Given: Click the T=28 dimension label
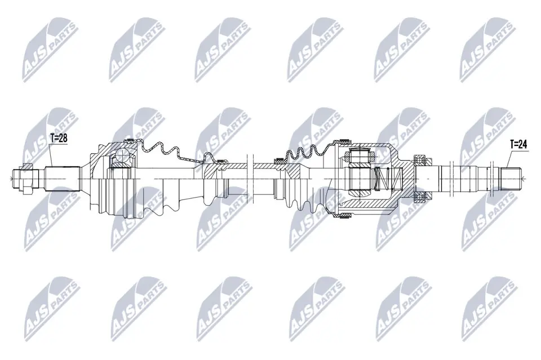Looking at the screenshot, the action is [x=58, y=138].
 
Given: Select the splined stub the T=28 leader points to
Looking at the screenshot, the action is [x=63, y=179].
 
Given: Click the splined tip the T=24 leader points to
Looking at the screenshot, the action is [x=511, y=178].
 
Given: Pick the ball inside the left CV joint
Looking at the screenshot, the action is [x=122, y=154].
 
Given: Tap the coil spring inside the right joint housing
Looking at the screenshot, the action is [x=388, y=179].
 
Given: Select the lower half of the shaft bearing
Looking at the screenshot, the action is [x=422, y=197].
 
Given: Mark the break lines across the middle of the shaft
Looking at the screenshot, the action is [x=250, y=178].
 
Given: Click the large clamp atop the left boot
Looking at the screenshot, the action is [x=130, y=140].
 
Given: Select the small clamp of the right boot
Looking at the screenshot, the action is [x=279, y=160].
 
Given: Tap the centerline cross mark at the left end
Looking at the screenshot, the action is [x=12, y=178].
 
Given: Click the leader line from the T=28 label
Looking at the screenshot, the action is [x=51, y=154].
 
